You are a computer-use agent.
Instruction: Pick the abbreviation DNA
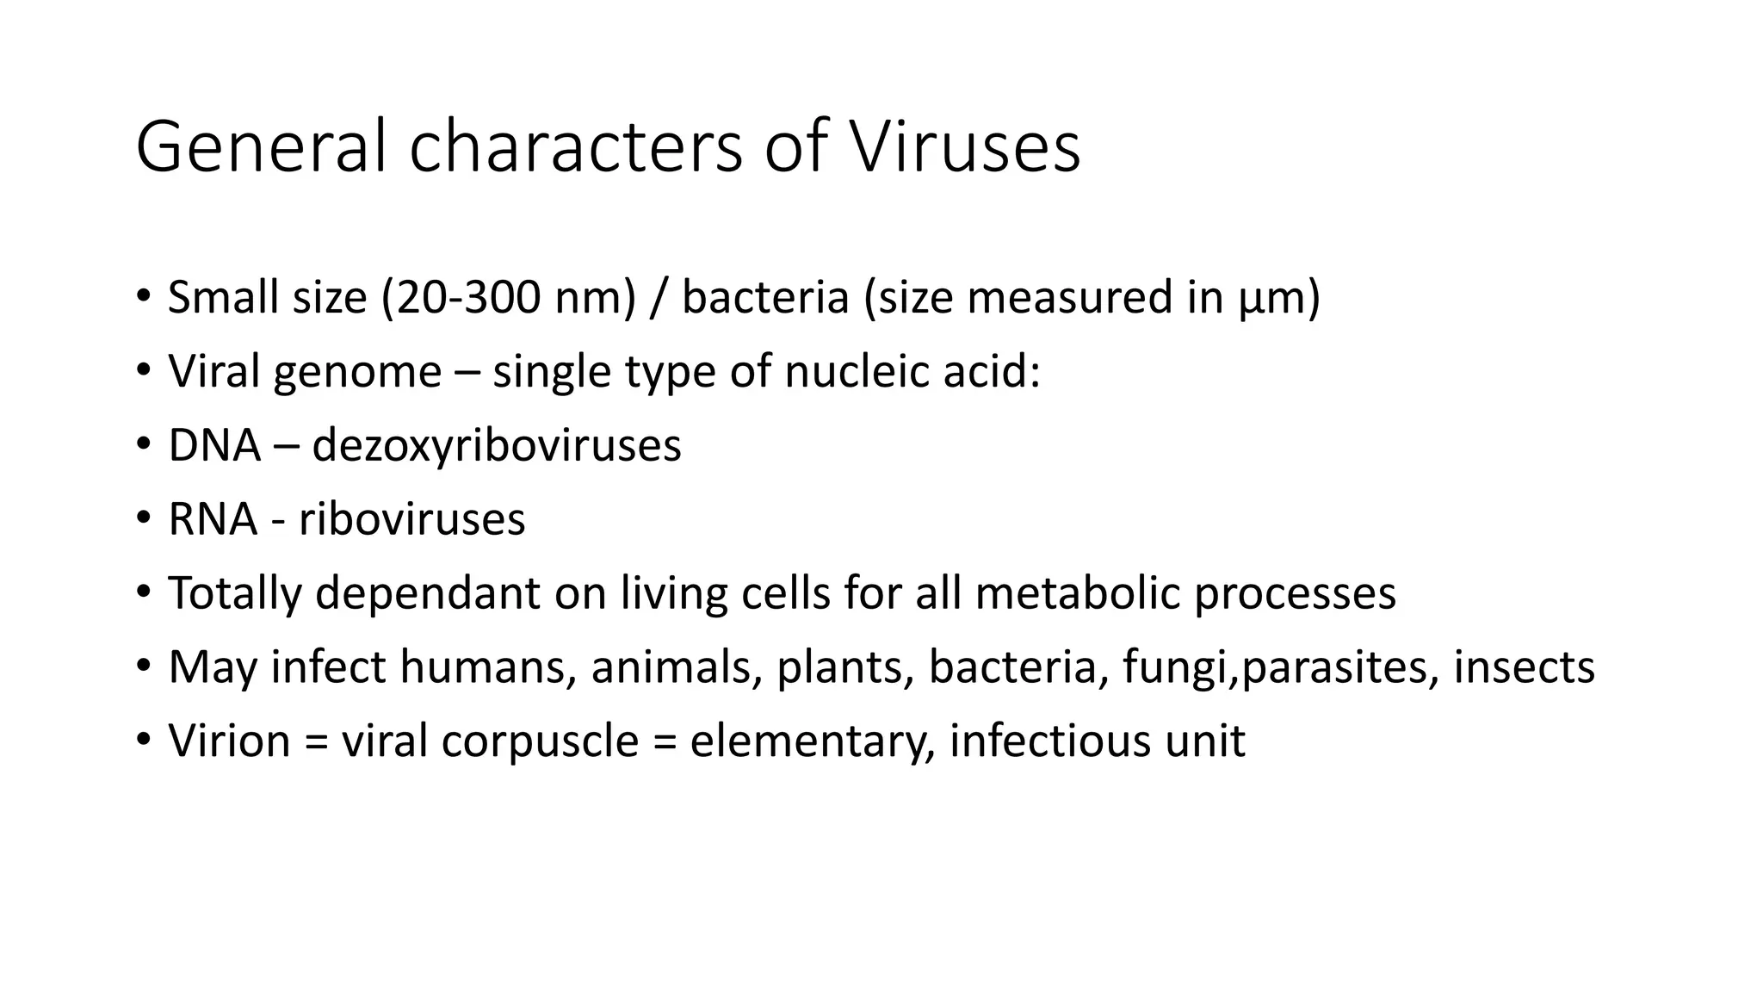214,445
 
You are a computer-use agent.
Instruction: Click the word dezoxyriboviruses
497,447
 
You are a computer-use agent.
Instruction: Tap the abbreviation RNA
213,519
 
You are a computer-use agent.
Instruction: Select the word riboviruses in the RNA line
411,519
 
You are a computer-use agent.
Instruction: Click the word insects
1524,667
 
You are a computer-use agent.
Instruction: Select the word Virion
229,741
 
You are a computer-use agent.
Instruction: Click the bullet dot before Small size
143,296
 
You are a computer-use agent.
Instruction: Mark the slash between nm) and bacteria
659,298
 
